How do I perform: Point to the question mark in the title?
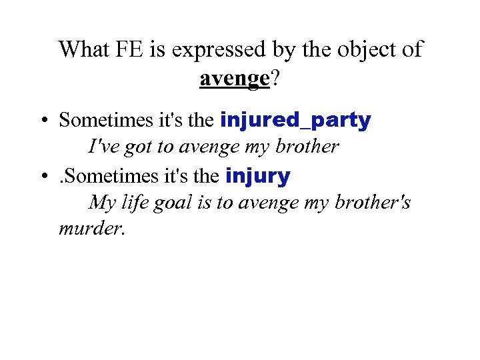[x=275, y=78]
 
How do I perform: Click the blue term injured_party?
[x=295, y=121]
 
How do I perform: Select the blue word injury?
[x=258, y=177]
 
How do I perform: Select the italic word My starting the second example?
[x=102, y=203]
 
